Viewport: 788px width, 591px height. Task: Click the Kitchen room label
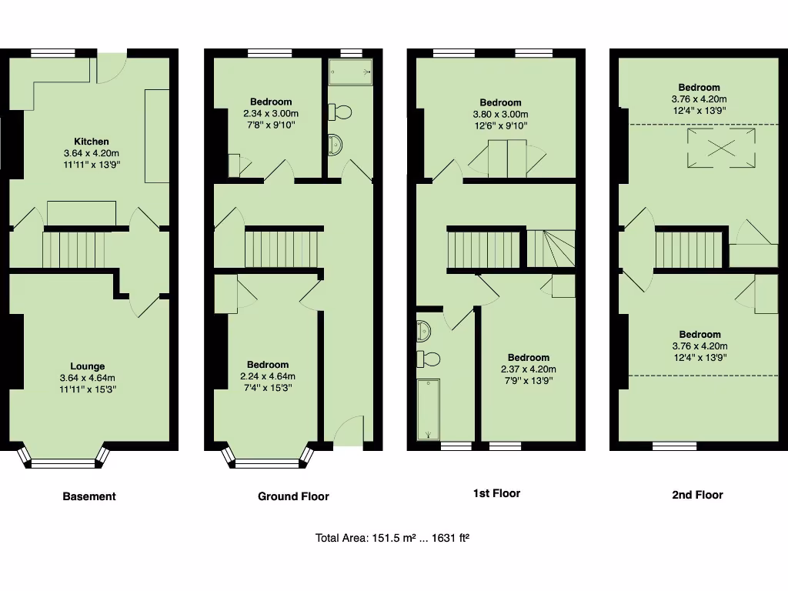click(x=91, y=142)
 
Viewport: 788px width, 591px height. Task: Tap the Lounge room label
click(x=87, y=366)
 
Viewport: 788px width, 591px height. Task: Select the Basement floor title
click(x=89, y=496)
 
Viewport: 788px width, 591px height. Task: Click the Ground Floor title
click(x=293, y=496)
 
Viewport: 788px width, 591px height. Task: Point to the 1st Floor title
click(x=496, y=493)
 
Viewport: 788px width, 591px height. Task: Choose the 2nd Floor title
click(x=697, y=495)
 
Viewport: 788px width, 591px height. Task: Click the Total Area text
click(x=392, y=538)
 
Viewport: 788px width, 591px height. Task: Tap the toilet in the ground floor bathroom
click(x=340, y=112)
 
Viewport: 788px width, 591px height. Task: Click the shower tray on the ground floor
click(x=350, y=72)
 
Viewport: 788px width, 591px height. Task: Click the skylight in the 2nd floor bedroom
click(x=721, y=147)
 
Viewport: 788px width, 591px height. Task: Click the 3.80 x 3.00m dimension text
click(x=500, y=114)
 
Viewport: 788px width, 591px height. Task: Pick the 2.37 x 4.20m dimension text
click(x=529, y=369)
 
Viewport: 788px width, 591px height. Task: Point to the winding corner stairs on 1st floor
click(x=551, y=249)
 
